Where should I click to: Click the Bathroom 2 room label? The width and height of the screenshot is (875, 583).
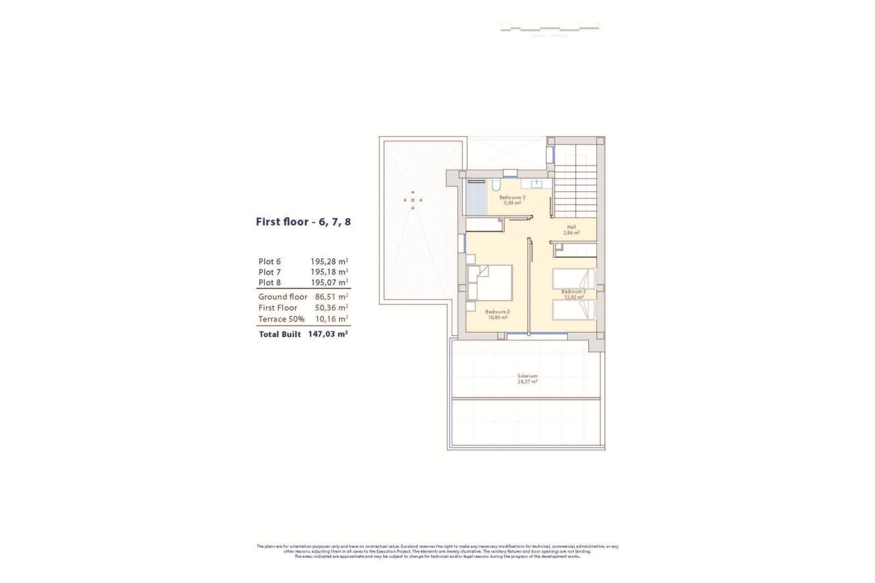(512, 198)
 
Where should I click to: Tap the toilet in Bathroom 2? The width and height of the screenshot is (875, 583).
(496, 185)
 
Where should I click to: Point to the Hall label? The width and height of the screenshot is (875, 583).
(571, 227)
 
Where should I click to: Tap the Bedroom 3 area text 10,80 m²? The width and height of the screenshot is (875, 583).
(498, 317)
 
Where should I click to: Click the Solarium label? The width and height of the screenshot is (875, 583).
(527, 376)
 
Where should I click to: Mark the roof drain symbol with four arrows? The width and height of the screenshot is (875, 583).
(413, 200)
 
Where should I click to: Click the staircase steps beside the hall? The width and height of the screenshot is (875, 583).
(575, 191)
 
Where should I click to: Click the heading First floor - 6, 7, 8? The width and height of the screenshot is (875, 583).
(303, 222)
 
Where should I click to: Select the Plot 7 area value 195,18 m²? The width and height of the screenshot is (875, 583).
(329, 272)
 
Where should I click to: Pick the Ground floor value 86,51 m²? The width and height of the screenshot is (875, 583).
(331, 297)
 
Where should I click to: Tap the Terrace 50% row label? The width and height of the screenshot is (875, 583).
(281, 319)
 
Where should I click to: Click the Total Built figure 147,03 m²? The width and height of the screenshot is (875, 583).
(328, 334)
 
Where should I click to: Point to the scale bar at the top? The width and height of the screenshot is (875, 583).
(550, 28)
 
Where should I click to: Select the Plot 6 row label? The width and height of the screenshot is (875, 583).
(269, 261)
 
